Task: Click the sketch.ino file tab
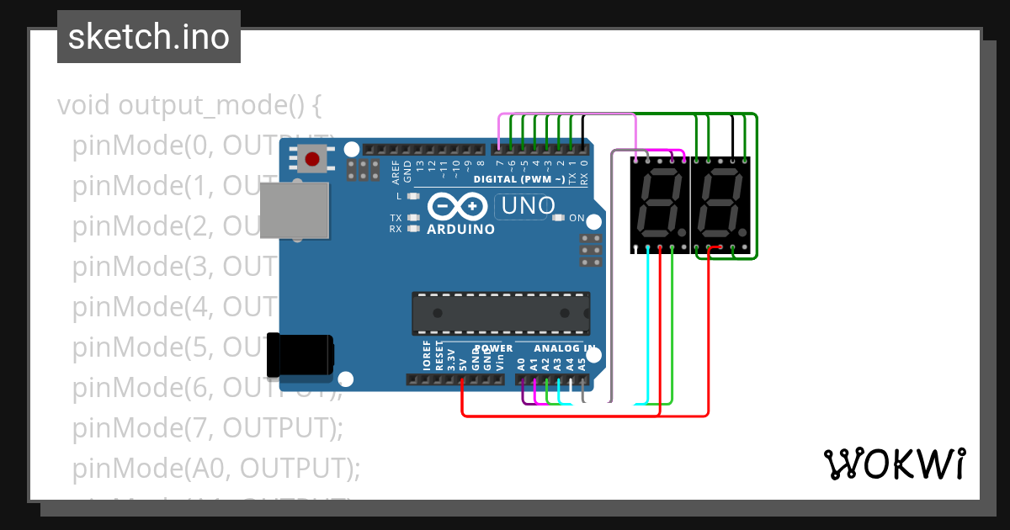click(x=149, y=37)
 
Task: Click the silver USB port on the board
click(x=294, y=210)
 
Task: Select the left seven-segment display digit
click(x=660, y=204)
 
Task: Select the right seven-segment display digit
click(x=720, y=204)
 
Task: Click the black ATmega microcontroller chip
click(x=500, y=312)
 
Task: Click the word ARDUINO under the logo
click(x=460, y=229)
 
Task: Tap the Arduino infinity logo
click(x=458, y=206)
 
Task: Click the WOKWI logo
click(x=894, y=464)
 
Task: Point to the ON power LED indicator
click(x=558, y=218)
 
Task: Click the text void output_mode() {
click(x=189, y=106)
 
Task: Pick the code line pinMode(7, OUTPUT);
click(x=207, y=428)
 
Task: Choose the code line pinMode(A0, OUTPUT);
click(x=215, y=468)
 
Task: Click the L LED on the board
click(x=412, y=196)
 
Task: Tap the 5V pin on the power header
click(x=463, y=379)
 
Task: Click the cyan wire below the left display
click(x=648, y=328)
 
